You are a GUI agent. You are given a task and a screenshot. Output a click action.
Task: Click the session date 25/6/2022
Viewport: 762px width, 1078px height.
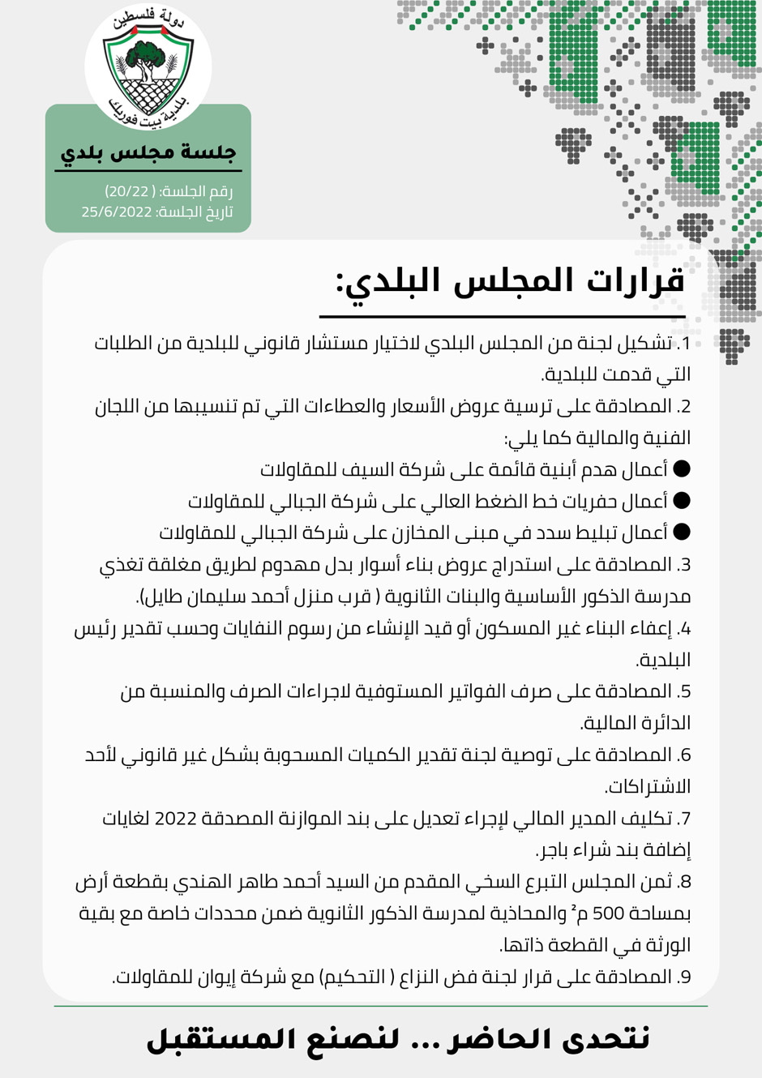tap(117, 212)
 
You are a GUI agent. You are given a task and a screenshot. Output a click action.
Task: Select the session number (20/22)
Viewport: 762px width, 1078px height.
tap(128, 191)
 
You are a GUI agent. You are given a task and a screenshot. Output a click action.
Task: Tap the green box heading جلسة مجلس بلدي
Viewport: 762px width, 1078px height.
tap(148, 152)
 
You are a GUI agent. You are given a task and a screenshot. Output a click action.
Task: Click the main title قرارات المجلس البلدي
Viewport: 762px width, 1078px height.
tap(511, 280)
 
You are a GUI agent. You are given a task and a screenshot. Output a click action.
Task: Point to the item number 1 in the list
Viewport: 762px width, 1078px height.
tap(685, 343)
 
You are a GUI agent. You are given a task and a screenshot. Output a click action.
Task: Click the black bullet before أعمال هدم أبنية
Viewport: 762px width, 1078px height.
tap(682, 468)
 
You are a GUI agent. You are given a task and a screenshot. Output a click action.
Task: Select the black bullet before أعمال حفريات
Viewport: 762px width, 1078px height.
tap(682, 500)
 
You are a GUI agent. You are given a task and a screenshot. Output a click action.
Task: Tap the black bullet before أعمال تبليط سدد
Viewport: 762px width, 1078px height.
tap(682, 532)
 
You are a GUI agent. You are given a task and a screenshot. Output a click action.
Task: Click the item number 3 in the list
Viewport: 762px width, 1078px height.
tap(684, 564)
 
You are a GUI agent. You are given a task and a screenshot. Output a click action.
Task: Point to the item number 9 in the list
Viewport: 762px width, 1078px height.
tap(685, 977)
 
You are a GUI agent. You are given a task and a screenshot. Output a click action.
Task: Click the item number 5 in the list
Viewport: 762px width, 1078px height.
tap(685, 691)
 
